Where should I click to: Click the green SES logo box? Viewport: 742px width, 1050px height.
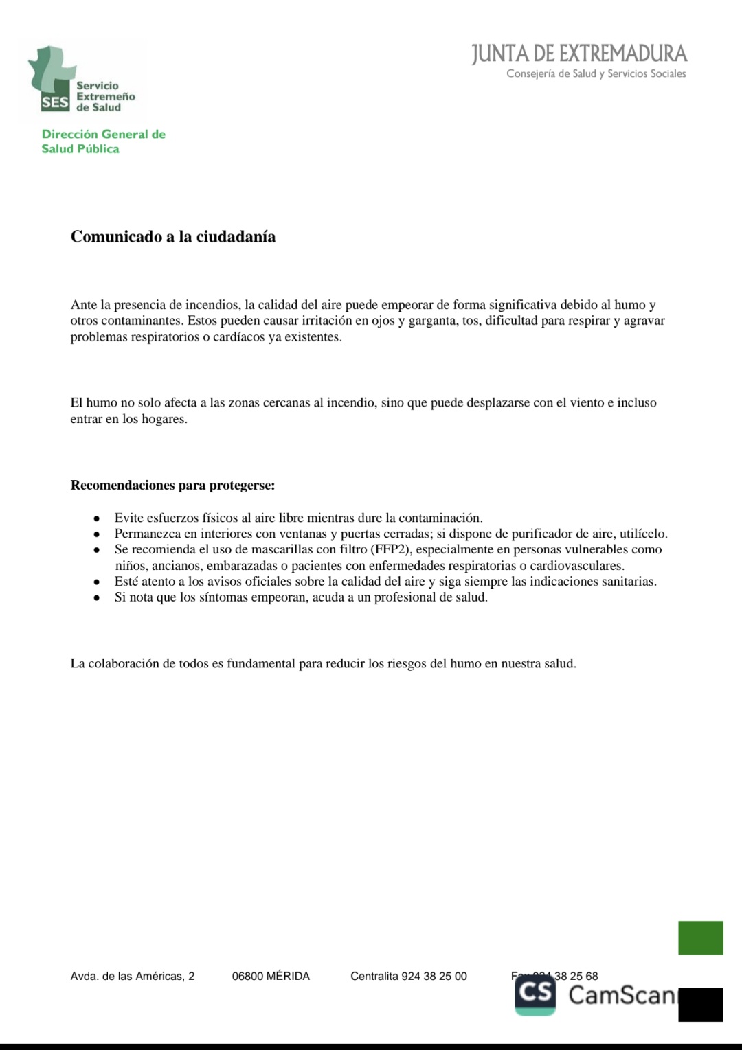coord(55,102)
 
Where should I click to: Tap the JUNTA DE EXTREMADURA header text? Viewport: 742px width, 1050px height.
coord(579,54)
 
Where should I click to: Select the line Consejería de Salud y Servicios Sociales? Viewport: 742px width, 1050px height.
coord(596,74)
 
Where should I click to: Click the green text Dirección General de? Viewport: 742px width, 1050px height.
coord(103,135)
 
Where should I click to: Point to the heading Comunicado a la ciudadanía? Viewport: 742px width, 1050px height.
coord(173,237)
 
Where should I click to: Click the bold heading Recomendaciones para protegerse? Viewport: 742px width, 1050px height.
coord(172,486)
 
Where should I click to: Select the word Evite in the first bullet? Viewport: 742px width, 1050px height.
coord(128,518)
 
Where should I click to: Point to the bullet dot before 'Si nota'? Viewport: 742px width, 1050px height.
coord(98,598)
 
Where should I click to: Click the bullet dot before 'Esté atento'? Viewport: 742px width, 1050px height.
coord(98,582)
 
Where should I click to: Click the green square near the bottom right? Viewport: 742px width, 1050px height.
coord(700,937)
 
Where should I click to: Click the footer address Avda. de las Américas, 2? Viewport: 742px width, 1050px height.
coord(133,976)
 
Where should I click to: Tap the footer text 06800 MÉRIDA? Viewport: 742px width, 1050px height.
coord(271,976)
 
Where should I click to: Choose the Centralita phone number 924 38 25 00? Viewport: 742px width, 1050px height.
coord(434,976)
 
